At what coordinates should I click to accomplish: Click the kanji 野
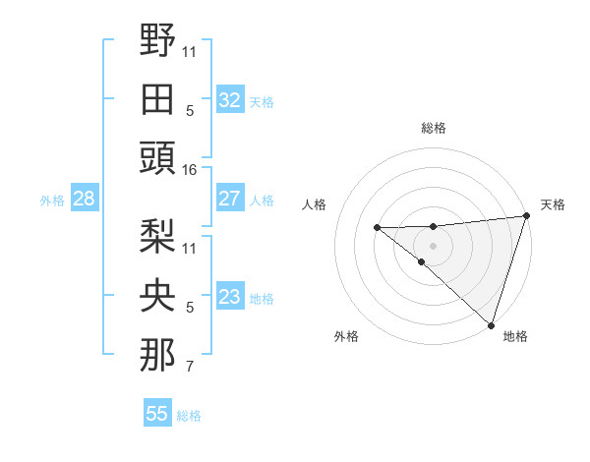158,40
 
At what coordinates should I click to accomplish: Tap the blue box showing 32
230,100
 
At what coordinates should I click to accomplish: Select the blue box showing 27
230,199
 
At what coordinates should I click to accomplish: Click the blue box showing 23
230,297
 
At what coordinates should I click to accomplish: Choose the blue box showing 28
84,199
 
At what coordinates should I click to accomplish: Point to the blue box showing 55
157,414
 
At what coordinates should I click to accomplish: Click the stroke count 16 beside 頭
190,170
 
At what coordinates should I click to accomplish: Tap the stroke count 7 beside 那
190,368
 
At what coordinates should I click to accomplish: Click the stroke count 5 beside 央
190,308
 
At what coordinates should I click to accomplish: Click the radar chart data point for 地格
491,324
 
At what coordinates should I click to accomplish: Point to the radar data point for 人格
377,228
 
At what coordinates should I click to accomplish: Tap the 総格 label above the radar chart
434,128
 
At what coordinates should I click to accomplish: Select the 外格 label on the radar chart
346,337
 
